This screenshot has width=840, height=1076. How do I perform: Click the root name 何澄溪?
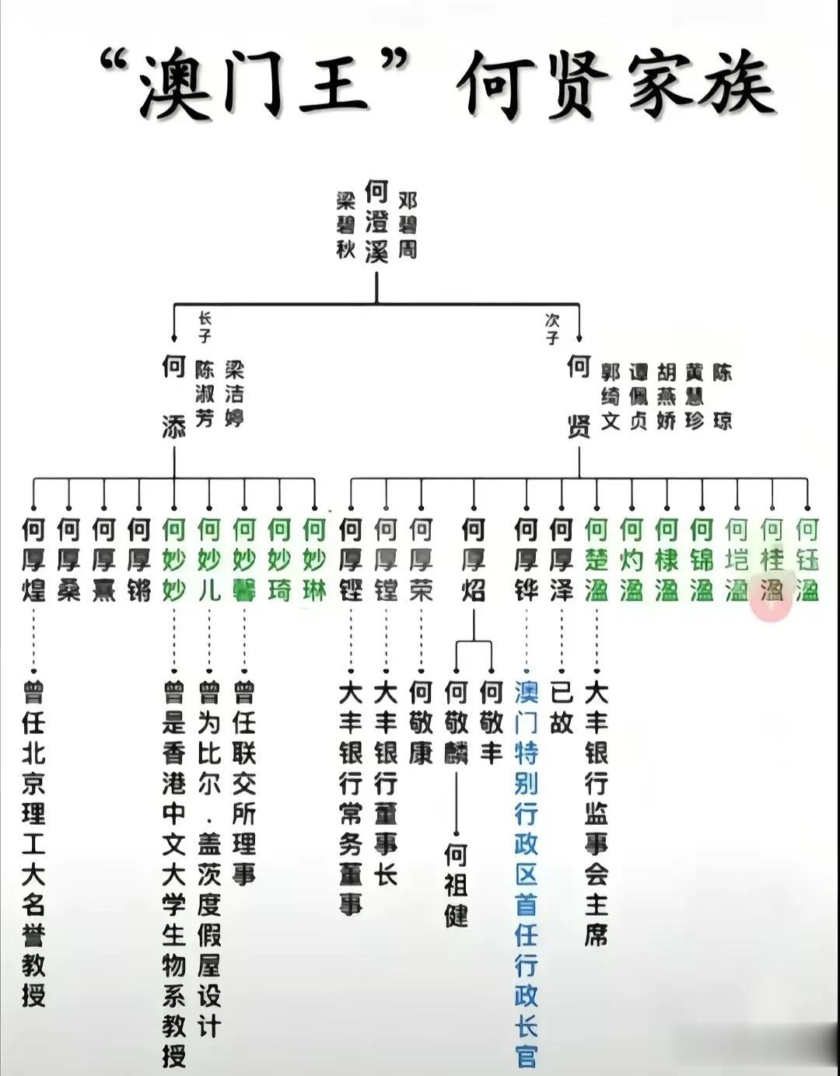click(376, 222)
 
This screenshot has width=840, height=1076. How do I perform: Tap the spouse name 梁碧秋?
click(345, 225)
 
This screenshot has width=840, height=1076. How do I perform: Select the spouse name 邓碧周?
click(408, 225)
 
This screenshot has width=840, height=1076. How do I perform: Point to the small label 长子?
click(205, 327)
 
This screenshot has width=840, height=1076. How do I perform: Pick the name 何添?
click(173, 397)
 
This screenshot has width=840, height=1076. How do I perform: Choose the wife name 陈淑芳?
click(205, 393)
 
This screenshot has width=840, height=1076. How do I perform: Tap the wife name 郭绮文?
click(611, 396)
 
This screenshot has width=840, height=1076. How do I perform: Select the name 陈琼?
click(723, 396)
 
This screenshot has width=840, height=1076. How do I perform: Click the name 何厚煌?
click(33, 560)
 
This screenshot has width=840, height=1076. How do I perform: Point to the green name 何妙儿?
click(209, 560)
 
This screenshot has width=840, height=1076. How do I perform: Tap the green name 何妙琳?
click(314, 560)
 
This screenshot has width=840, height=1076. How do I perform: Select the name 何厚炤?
click(474, 560)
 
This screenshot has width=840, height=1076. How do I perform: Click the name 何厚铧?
click(527, 560)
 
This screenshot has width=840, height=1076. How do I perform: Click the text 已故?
click(562, 707)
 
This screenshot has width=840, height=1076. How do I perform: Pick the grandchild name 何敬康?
click(421, 722)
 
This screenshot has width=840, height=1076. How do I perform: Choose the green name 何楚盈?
click(597, 560)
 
